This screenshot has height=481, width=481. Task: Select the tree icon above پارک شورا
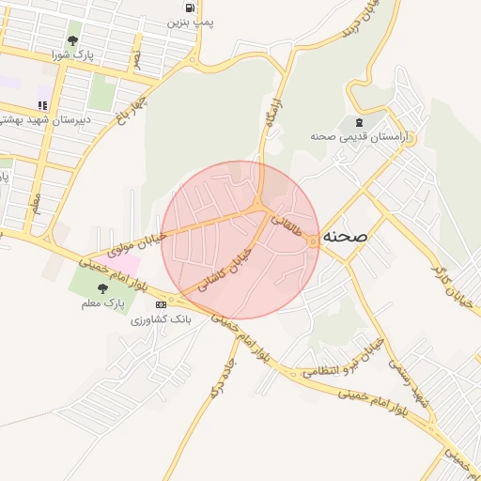72,40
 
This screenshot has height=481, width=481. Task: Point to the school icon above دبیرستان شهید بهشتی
41,105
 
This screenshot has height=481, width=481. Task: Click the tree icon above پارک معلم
101,288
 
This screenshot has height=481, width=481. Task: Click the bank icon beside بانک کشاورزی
161,304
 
